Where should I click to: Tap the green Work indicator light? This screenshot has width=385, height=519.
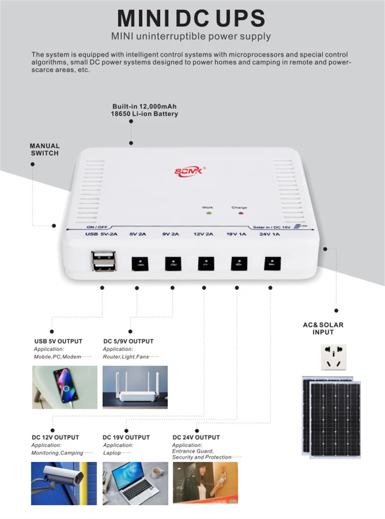[x=208, y=213]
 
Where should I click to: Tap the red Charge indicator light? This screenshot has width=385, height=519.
[x=239, y=213]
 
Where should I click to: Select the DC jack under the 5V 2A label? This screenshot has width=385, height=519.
[x=139, y=264]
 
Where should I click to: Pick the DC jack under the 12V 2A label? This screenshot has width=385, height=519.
[x=205, y=264]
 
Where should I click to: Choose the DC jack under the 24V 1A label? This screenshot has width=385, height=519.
[x=272, y=264]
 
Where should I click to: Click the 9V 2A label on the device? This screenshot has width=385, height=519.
[x=171, y=235]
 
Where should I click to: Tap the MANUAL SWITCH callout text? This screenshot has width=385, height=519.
[x=45, y=149]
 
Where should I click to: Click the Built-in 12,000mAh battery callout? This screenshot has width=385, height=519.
[x=145, y=110]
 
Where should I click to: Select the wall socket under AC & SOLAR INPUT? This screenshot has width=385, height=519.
[x=334, y=357]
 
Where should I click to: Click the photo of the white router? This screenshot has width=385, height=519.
[x=135, y=387]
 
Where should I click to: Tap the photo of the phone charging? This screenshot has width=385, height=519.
[x=65, y=387]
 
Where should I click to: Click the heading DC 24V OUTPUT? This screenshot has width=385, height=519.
[x=196, y=437]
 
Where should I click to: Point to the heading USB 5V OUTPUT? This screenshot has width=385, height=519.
[x=58, y=341]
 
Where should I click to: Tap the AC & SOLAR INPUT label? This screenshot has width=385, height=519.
[x=323, y=329]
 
